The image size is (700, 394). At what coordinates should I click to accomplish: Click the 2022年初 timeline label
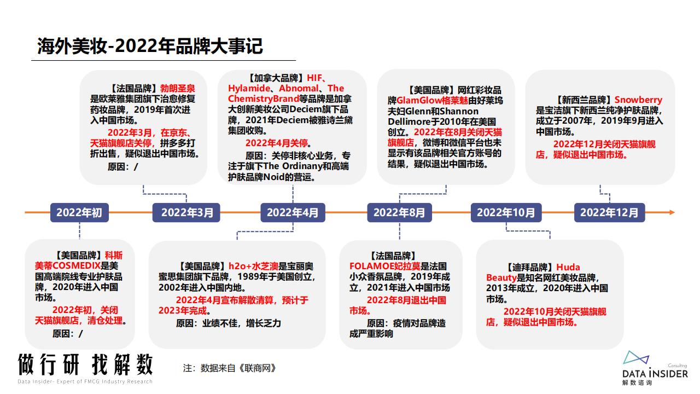click(x=79, y=213)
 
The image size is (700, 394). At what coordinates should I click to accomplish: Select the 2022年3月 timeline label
click(x=186, y=213)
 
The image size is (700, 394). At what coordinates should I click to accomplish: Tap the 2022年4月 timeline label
click(x=293, y=213)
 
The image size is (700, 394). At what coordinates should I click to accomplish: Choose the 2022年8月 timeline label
click(x=399, y=213)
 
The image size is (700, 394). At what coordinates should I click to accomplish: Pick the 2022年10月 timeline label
click(x=506, y=213)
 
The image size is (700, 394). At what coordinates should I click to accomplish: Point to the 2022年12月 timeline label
click(x=609, y=213)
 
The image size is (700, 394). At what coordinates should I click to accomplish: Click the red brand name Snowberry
click(x=638, y=100)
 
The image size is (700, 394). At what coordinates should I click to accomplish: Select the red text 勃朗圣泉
click(x=178, y=89)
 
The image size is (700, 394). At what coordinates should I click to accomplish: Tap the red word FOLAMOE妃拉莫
click(x=384, y=266)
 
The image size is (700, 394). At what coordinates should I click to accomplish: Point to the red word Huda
click(x=568, y=267)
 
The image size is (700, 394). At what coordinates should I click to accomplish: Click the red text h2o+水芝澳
click(x=253, y=266)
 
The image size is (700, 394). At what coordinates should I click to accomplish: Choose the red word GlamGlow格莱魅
click(x=432, y=100)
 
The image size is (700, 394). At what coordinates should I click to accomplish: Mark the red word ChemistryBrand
click(x=264, y=99)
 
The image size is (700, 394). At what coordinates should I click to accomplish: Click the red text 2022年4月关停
click(x=277, y=143)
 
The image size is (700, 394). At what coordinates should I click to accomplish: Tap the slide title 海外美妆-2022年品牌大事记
click(x=150, y=47)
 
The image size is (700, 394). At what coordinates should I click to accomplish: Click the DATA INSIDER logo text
click(x=655, y=374)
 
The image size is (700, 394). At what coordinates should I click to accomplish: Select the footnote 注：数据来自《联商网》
click(x=229, y=368)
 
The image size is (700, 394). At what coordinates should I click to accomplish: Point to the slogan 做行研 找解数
click(x=85, y=364)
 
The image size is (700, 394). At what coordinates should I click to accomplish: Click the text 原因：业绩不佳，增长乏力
click(x=229, y=323)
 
